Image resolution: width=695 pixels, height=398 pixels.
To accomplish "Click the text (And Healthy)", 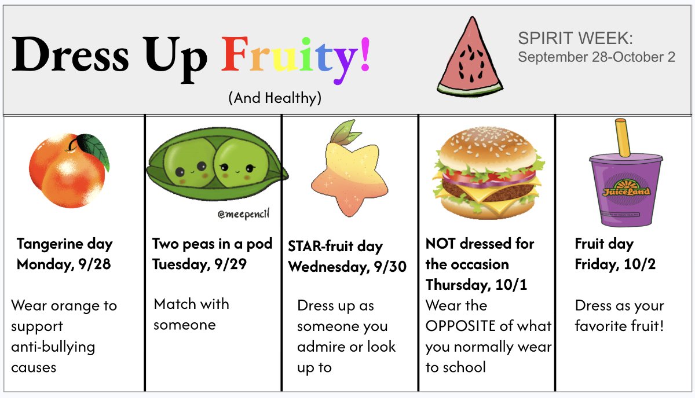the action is pyautogui.click(x=275, y=98).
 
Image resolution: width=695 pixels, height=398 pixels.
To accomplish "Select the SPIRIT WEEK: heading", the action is pyautogui.click(x=575, y=38).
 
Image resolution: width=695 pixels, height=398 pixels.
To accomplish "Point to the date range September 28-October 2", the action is pyautogui.click(x=597, y=57).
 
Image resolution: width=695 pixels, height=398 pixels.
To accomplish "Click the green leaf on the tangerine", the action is pyautogui.click(x=94, y=150).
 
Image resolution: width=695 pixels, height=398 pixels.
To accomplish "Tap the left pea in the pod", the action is pyautogui.click(x=188, y=163).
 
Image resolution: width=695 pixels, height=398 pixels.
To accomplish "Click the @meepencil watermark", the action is pyautogui.click(x=244, y=214).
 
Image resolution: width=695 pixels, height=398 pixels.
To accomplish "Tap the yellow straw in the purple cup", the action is pyautogui.click(x=623, y=138).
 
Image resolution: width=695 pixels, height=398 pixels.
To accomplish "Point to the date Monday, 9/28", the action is pyautogui.click(x=64, y=265).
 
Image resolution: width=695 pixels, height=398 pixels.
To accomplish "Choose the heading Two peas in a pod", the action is pyautogui.click(x=212, y=244).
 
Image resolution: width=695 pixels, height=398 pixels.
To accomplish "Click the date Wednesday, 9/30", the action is pyautogui.click(x=347, y=267).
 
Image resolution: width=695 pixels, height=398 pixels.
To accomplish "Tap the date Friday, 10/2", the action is pyautogui.click(x=615, y=264).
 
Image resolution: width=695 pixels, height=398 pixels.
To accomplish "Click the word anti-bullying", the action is pyautogui.click(x=53, y=348).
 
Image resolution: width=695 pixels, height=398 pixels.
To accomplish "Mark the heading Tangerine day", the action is pyautogui.click(x=64, y=244).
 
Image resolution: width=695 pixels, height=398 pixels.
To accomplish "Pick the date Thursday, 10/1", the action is pyautogui.click(x=476, y=285).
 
